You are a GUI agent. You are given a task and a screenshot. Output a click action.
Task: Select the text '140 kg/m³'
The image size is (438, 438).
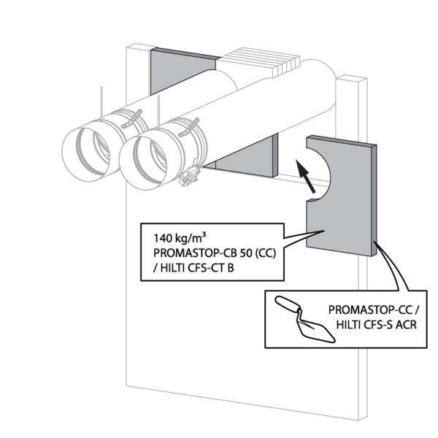(x=179, y=238)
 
